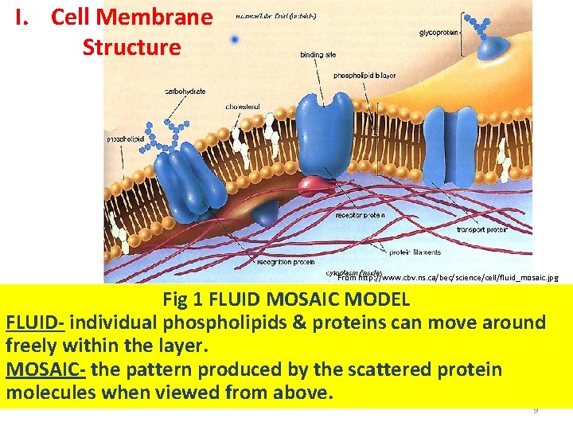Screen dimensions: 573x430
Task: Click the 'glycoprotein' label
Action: (x=439, y=33)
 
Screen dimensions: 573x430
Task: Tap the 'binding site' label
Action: (x=318, y=55)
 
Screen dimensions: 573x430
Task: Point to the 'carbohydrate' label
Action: (x=185, y=92)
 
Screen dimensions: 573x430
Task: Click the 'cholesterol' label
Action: (x=243, y=106)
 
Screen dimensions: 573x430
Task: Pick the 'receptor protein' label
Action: (x=361, y=215)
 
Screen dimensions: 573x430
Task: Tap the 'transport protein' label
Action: (x=482, y=229)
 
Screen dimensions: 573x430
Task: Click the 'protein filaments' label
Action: (x=415, y=252)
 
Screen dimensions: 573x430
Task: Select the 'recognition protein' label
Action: (x=286, y=261)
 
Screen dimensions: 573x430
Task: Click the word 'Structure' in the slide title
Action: (x=131, y=46)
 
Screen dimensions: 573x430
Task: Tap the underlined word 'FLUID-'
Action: (x=34, y=323)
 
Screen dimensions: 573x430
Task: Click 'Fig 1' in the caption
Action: (x=182, y=300)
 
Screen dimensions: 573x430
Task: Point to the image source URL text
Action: (x=448, y=278)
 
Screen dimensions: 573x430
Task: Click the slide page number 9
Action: (x=536, y=409)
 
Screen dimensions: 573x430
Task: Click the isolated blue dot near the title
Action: (x=234, y=38)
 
